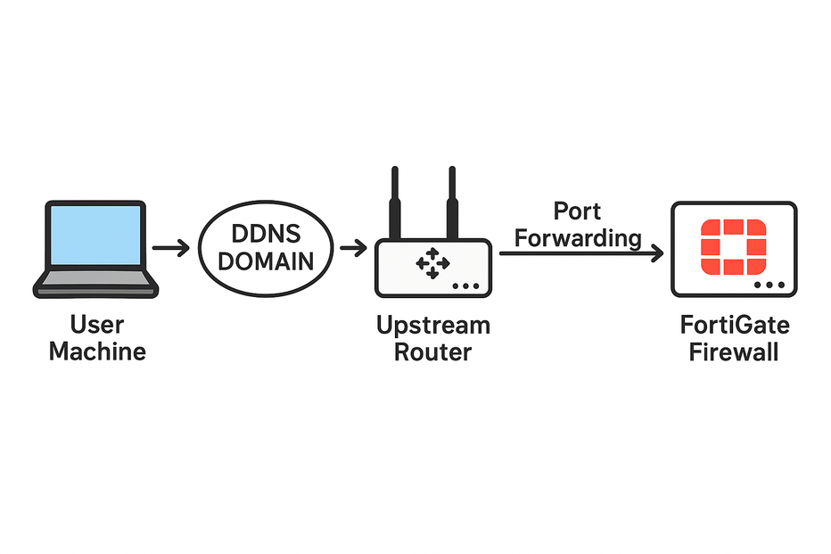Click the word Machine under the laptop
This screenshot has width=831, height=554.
tap(97, 351)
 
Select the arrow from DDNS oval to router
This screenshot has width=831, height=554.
tap(354, 248)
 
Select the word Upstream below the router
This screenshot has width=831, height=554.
tap(432, 325)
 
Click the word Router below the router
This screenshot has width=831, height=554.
tap(432, 351)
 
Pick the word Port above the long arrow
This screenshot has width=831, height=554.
tap(577, 211)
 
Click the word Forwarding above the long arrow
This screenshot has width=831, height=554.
tap(579, 238)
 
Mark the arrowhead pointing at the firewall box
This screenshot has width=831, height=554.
tap(657, 254)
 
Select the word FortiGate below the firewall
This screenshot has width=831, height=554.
tap(734, 325)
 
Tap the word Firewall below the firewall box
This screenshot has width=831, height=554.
tap(734, 351)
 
